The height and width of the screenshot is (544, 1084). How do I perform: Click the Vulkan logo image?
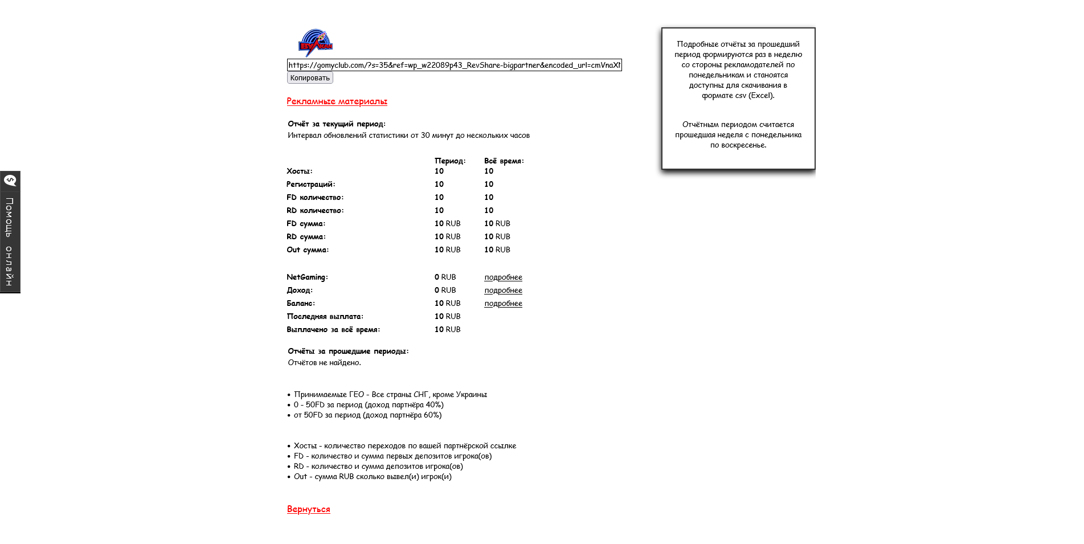pos(316,43)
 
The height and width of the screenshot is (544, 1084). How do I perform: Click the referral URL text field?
pos(454,65)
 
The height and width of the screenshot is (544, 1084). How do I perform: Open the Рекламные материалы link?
pos(337,101)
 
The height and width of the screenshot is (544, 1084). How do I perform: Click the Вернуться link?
pos(308,509)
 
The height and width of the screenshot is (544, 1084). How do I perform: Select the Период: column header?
pos(450,161)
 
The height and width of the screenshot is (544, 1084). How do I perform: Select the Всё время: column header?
pos(504,161)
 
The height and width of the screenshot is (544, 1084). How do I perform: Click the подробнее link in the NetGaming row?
pos(503,277)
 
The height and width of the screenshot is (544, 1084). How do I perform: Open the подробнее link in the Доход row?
pos(503,291)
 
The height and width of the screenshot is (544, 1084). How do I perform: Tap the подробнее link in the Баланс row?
pos(503,304)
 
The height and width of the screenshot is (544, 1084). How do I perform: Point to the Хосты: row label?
pos(299,171)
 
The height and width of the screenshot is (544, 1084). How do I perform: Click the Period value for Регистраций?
pos(439,185)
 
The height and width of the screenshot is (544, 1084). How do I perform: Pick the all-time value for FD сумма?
pos(497,224)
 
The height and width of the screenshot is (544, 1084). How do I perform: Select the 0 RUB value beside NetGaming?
pos(445,277)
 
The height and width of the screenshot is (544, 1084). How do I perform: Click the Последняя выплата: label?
pos(325,317)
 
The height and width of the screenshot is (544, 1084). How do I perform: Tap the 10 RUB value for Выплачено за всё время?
pos(447,330)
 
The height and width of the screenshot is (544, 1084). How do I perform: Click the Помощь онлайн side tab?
pos(10,232)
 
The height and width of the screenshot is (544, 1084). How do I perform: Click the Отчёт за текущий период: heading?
pos(336,124)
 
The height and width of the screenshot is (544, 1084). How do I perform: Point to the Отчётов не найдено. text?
pos(324,363)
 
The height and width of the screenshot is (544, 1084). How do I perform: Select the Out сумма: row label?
pos(307,250)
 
